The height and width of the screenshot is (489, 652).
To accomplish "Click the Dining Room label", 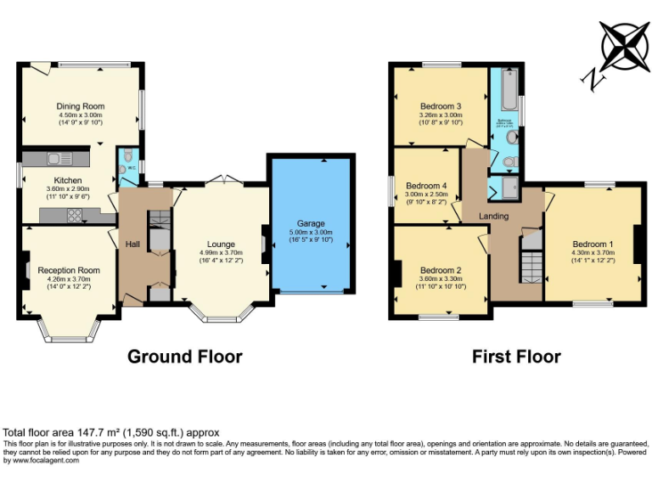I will (81, 106).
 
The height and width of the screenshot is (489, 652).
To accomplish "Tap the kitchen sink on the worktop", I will (60, 158).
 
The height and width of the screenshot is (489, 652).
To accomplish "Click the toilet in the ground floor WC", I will (126, 156).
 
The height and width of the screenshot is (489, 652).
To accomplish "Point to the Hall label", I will (132, 244).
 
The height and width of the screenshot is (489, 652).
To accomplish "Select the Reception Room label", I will (70, 270).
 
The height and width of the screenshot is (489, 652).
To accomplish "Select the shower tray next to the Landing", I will (512, 188).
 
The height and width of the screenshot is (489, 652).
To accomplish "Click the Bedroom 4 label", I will (425, 186).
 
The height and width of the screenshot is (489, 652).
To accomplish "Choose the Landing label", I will (493, 216).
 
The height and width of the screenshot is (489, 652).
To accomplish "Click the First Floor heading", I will (516, 357).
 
